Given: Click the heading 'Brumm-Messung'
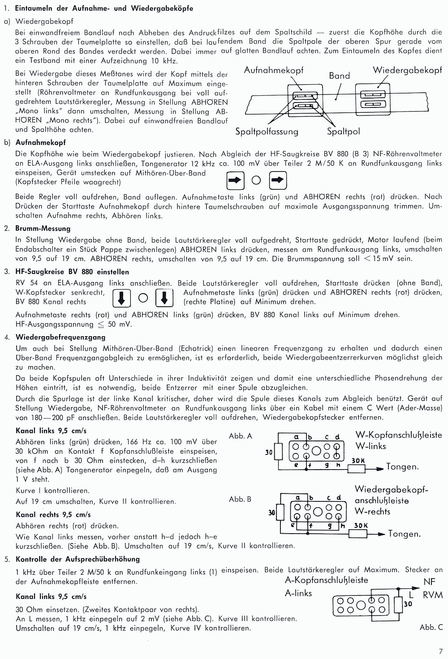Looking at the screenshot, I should [43, 228].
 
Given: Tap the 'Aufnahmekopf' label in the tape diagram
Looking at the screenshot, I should [273, 70].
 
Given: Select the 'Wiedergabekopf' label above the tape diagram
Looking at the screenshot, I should [407, 70].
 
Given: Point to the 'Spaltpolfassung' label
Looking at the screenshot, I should [267, 131].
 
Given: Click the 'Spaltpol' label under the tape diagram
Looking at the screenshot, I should [343, 131].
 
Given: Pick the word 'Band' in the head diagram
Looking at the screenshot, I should [339, 76].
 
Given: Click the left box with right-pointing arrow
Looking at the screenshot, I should [235, 181].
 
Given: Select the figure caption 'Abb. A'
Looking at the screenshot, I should [241, 436].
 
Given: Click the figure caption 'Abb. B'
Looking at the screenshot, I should [240, 499].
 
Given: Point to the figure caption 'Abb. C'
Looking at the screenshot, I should [431, 627].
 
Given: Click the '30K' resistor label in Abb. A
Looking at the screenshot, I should [358, 461].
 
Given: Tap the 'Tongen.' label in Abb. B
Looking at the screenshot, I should [404, 534].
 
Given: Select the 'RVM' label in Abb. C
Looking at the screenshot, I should [433, 595].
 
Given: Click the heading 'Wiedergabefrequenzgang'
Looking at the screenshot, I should [60, 337].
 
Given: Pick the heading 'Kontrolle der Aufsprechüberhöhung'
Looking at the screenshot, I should [78, 559].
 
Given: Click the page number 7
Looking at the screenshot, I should [441, 651].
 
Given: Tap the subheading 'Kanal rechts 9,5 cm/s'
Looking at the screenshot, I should [53, 514].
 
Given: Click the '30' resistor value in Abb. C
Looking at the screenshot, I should [408, 604].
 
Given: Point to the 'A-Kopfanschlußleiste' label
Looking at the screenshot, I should [326, 580].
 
